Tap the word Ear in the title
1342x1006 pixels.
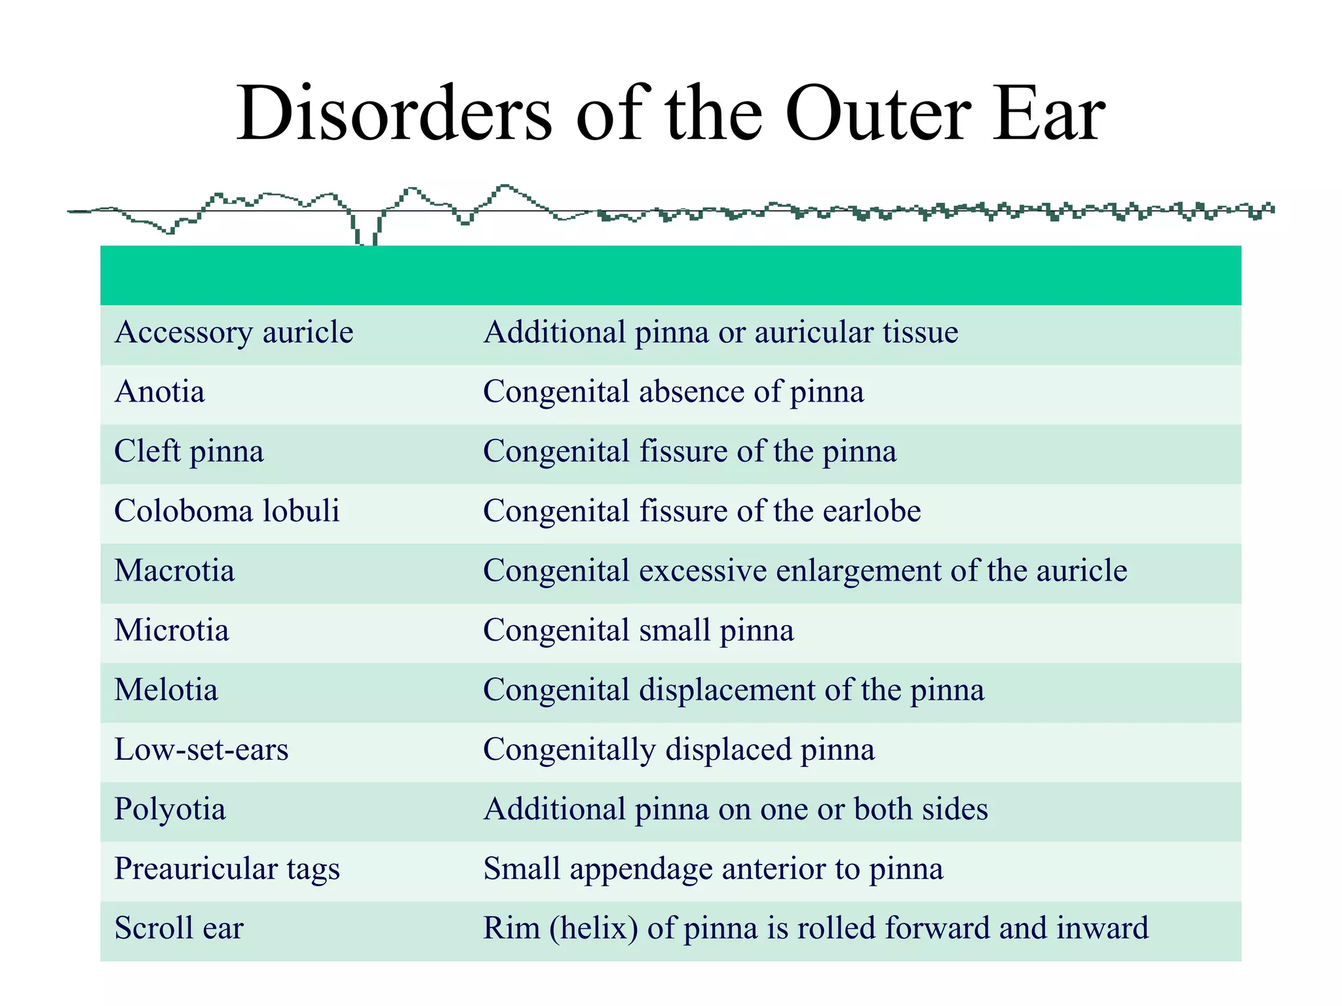click(x=1048, y=114)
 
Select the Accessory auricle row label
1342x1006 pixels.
click(x=234, y=333)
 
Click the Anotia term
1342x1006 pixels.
click(x=159, y=392)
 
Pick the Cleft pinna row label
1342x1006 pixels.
click(x=189, y=452)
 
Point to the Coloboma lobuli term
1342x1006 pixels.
click(x=227, y=512)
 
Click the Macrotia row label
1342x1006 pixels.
click(x=174, y=571)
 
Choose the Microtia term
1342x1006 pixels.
click(x=172, y=631)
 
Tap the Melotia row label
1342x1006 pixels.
click(x=166, y=690)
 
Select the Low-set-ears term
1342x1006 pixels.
click(x=201, y=750)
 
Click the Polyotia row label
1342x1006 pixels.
click(x=170, y=810)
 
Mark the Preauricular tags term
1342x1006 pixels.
click(x=227, y=869)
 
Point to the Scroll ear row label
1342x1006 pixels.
click(x=179, y=929)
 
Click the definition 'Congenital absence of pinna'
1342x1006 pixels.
click(x=673, y=392)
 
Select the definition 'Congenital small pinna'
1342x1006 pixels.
click(x=638, y=631)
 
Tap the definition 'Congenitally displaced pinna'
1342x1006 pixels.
click(x=678, y=750)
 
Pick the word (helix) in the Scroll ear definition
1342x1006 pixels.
click(x=594, y=929)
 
